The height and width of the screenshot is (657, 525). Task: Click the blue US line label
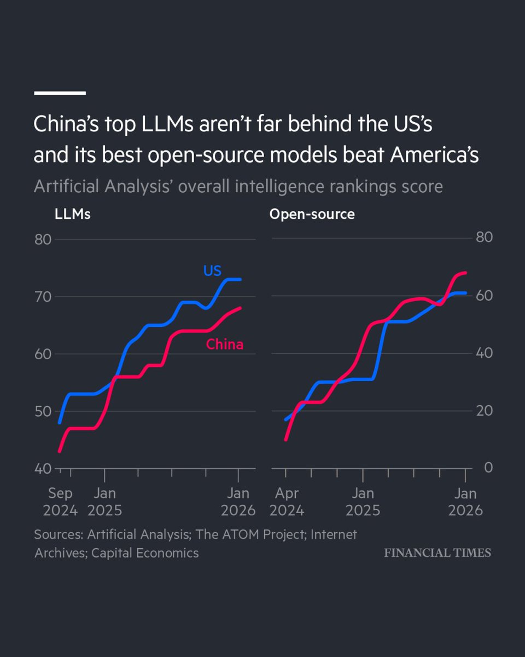pyautogui.click(x=212, y=270)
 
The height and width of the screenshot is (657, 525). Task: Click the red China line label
pyautogui.click(x=224, y=344)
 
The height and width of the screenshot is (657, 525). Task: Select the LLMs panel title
pyautogui.click(x=73, y=214)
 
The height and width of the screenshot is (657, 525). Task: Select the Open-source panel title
pyautogui.click(x=312, y=214)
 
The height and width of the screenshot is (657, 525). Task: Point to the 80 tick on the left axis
pyautogui.click(x=43, y=239)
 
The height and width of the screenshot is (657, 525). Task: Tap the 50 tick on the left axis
pyautogui.click(x=43, y=411)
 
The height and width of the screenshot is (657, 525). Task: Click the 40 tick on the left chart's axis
pyautogui.click(x=43, y=469)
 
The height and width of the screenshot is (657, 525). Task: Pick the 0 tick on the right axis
pyautogui.click(x=473, y=467)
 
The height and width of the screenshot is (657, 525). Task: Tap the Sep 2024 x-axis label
pyautogui.click(x=60, y=502)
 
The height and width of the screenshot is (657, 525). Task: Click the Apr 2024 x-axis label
pyautogui.click(x=287, y=502)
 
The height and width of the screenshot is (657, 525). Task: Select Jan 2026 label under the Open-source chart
pyautogui.click(x=465, y=502)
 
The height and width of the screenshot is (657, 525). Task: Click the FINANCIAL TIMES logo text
pyautogui.click(x=437, y=552)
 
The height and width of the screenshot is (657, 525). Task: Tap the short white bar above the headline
pyautogui.click(x=60, y=93)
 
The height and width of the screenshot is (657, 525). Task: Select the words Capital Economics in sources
pyautogui.click(x=145, y=553)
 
